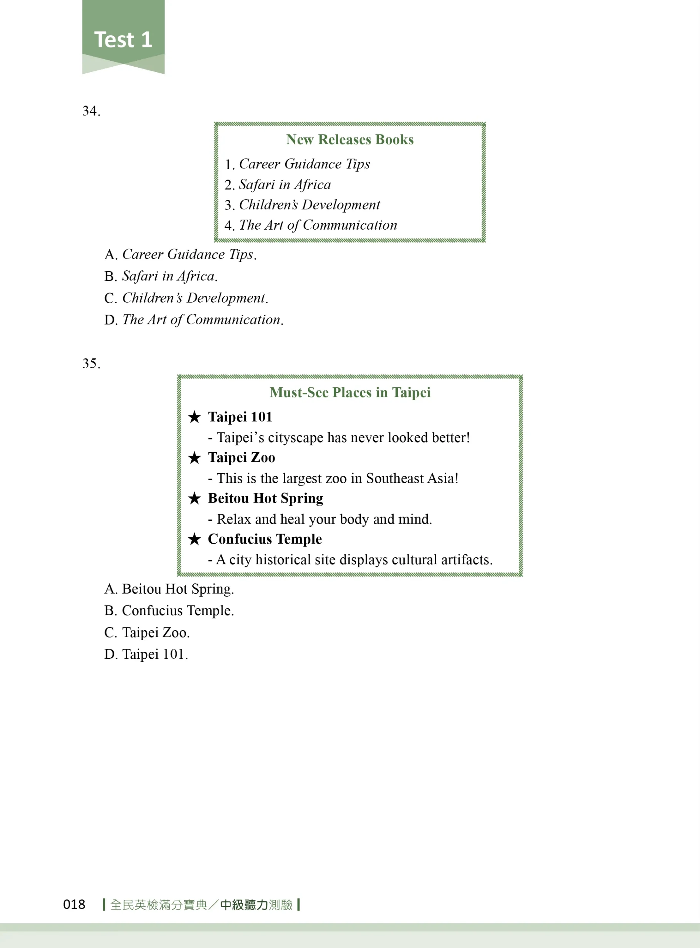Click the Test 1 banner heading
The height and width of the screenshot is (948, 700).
click(x=123, y=40)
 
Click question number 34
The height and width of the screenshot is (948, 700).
click(x=91, y=111)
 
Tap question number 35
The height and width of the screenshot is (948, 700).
click(x=91, y=364)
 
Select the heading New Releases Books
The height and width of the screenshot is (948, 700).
click(x=350, y=140)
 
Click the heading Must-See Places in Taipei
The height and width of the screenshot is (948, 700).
click(x=350, y=393)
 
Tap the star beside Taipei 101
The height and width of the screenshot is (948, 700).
click(x=195, y=417)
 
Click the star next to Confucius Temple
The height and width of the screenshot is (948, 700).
click(x=195, y=539)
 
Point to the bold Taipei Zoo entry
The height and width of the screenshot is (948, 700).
click(x=242, y=458)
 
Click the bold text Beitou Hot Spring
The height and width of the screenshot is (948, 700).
click(x=265, y=498)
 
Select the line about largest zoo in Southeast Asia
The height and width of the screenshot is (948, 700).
click(x=333, y=478)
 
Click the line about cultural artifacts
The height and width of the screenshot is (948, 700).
click(x=350, y=560)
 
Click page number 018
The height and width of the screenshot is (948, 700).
click(x=74, y=905)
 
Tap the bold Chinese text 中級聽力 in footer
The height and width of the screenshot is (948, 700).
click(x=244, y=905)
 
